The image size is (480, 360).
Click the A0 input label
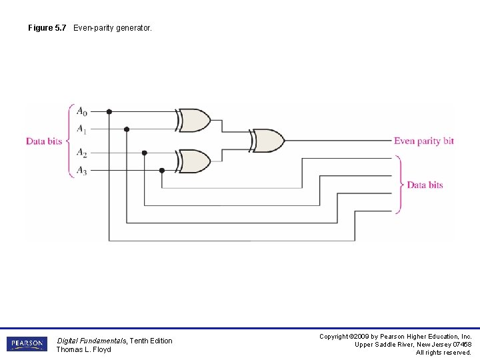[x=81, y=111]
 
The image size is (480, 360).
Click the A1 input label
[x=81, y=129]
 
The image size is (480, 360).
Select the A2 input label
[x=81, y=153]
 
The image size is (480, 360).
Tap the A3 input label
[x=81, y=171]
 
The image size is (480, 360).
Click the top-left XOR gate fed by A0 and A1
[x=194, y=120]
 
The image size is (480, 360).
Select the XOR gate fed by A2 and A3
[x=194, y=161]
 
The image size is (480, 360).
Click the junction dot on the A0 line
[x=109, y=111]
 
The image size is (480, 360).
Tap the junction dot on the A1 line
[x=127, y=129]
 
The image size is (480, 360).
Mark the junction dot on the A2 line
[x=144, y=153]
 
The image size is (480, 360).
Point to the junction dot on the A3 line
[x=161, y=170]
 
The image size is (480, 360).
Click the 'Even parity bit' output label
[x=423, y=141]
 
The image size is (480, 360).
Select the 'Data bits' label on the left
[x=44, y=141]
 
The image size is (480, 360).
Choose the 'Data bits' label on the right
[x=425, y=185]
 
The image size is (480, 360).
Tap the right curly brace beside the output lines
[x=399, y=185]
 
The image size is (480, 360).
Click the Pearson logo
[x=27, y=344]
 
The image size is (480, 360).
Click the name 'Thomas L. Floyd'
[x=83, y=349]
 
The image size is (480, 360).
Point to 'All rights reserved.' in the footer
[x=443, y=353]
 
